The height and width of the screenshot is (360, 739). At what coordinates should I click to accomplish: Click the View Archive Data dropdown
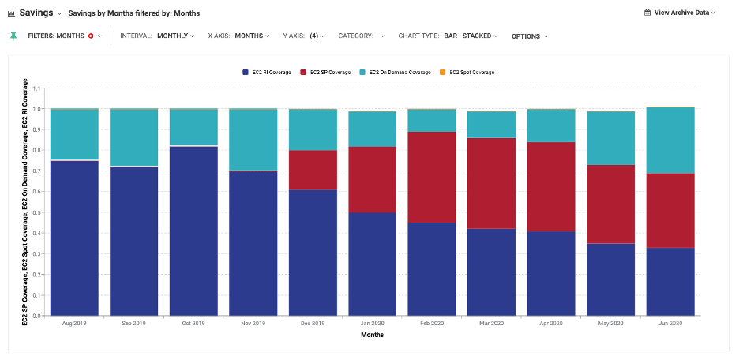tap(680, 13)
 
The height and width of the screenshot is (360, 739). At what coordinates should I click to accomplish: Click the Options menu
tap(529, 36)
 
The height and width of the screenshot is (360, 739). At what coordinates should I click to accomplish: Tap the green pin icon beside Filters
tap(13, 36)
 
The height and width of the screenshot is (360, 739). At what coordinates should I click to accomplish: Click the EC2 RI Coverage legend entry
tap(267, 73)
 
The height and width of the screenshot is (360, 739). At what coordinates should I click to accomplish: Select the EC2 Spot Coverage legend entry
tap(467, 73)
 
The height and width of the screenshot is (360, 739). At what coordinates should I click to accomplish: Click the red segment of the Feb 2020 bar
tap(432, 177)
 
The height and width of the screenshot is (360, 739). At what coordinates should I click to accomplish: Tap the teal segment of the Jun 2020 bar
tap(670, 140)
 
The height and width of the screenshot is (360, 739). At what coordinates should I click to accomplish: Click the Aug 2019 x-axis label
tap(74, 324)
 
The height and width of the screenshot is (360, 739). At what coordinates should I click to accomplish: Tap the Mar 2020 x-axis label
tap(491, 324)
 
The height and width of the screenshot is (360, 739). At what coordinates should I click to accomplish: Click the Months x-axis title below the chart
tap(372, 335)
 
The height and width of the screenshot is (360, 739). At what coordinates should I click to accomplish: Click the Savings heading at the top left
tap(36, 13)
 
